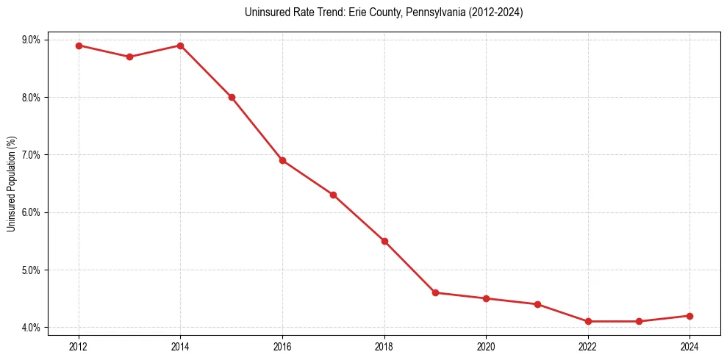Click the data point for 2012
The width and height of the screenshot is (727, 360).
[x=79, y=46]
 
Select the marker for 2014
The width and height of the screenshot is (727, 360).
[x=180, y=46]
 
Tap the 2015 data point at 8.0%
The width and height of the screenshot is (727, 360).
[x=232, y=97]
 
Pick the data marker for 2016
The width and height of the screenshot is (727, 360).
[x=282, y=160]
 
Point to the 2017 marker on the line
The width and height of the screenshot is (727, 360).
[x=333, y=195]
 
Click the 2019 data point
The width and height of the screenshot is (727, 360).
[x=435, y=292]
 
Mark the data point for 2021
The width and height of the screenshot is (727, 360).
[x=537, y=304]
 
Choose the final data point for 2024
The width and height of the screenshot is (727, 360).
[x=690, y=316]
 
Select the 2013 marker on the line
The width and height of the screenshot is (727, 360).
[x=129, y=57]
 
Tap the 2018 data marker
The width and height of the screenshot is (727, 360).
[x=384, y=241]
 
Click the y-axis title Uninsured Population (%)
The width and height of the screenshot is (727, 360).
[x=12, y=184]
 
